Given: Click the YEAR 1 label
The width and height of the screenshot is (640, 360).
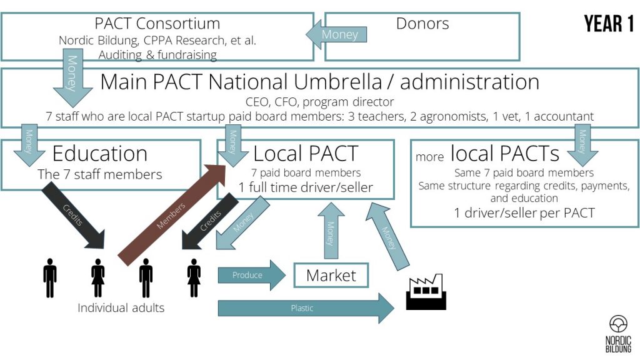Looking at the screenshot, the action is point(609,24).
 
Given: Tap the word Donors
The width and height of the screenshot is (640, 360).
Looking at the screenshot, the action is point(422,24).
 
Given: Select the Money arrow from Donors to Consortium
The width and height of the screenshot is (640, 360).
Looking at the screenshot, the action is point(336,35).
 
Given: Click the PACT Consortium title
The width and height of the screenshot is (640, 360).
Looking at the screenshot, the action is point(157,23).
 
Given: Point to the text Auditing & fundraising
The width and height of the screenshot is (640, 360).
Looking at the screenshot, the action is point(157,55).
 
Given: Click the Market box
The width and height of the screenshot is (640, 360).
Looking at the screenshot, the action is point(331,276).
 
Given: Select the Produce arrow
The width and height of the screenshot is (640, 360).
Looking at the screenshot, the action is point(252,275).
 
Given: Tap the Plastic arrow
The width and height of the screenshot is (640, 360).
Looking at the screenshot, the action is point(306,308).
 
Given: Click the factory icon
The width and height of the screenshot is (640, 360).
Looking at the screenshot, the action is point(426,291).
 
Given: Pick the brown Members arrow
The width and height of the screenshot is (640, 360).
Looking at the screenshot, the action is point(172,215).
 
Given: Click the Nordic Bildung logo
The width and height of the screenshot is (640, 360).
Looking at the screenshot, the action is point(618,334).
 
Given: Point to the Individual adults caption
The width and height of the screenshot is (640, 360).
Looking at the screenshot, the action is point(121,307).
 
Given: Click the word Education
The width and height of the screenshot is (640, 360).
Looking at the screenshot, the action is point(100,154).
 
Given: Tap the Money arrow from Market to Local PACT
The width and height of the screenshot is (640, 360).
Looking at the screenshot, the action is point(331,231).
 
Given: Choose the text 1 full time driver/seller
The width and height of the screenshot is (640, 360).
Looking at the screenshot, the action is point(306,187).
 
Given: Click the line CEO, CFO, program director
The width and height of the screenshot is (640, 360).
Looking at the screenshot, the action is point(319,102).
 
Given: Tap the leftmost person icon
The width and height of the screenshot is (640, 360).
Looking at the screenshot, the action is point(50,278).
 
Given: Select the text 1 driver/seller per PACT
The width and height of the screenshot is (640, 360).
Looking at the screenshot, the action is point(524,213).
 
